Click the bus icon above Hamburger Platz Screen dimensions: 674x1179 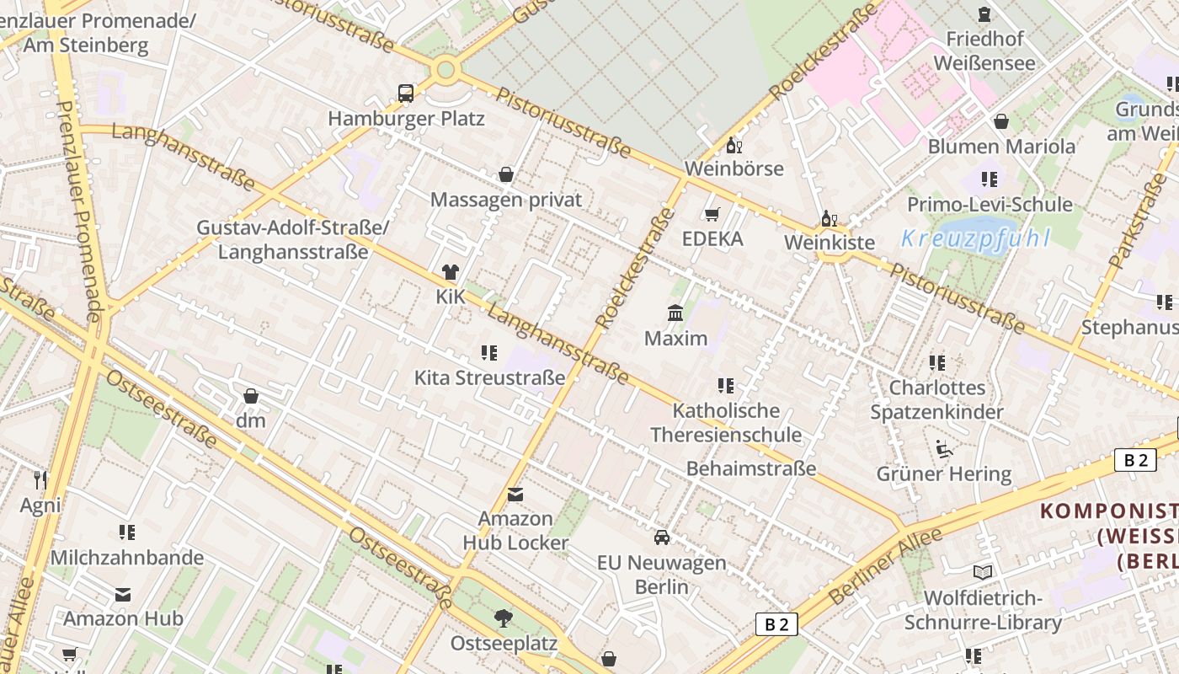tap(406, 94)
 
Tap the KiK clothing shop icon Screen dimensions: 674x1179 tap(451, 272)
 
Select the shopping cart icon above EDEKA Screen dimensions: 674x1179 tap(712, 214)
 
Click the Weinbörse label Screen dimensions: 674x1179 tap(734, 168)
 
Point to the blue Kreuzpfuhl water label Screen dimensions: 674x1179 tap(975, 238)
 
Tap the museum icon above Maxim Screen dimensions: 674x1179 tap(675, 313)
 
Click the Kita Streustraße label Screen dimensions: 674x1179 tap(489, 377)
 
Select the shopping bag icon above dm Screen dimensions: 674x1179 tap(250, 396)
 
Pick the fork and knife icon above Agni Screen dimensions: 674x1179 tap(40, 480)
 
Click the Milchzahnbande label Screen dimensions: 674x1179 tap(127, 558)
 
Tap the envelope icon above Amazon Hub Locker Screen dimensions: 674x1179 tap(515, 495)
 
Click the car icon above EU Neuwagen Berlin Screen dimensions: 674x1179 tap(662, 538)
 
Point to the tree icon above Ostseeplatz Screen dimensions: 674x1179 tap(504, 618)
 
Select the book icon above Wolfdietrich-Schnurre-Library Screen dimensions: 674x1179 tap(983, 573)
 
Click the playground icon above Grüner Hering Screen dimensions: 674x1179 tap(944, 449)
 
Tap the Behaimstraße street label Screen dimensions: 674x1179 tap(751, 468)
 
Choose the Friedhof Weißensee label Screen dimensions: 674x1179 tap(984, 51)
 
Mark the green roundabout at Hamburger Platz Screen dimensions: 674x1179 tap(445, 69)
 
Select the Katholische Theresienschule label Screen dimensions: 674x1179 tap(726, 423)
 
